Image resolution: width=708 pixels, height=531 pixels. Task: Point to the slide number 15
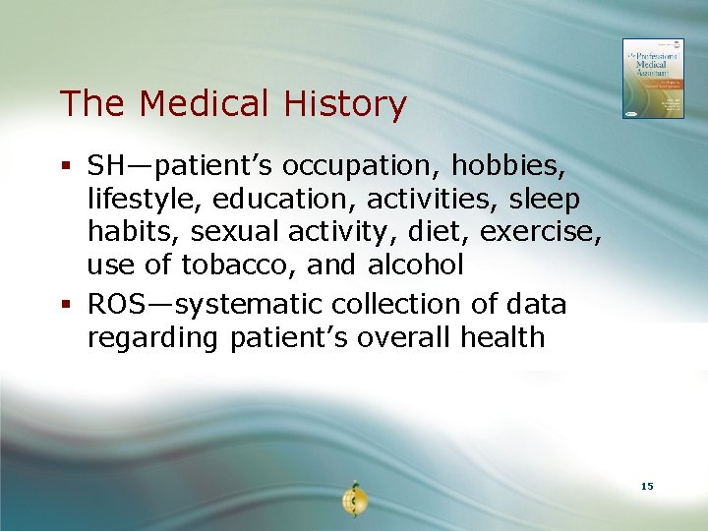(x=646, y=487)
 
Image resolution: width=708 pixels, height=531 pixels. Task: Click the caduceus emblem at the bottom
(x=353, y=500)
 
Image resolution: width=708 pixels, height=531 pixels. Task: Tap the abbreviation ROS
(x=117, y=305)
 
